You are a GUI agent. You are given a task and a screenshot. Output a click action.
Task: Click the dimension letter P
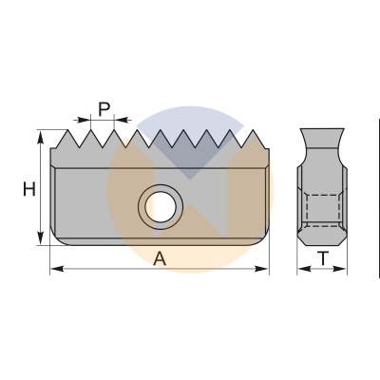click(104, 109)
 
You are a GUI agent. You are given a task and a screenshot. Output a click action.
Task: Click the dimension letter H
click(29, 189)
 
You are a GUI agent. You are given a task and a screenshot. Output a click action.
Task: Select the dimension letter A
click(160, 258)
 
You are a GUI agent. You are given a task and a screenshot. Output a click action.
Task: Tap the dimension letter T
click(323, 258)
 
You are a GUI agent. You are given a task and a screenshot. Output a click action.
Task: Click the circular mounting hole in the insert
click(161, 207)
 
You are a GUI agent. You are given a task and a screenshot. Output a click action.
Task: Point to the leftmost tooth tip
click(67, 130)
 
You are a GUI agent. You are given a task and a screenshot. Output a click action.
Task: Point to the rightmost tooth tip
click(253, 130)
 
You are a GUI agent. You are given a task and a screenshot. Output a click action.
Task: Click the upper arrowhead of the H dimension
click(41, 138)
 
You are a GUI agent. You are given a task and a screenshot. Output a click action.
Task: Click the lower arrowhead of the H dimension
click(41, 237)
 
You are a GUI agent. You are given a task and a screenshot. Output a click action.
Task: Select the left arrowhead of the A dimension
click(57, 269)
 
